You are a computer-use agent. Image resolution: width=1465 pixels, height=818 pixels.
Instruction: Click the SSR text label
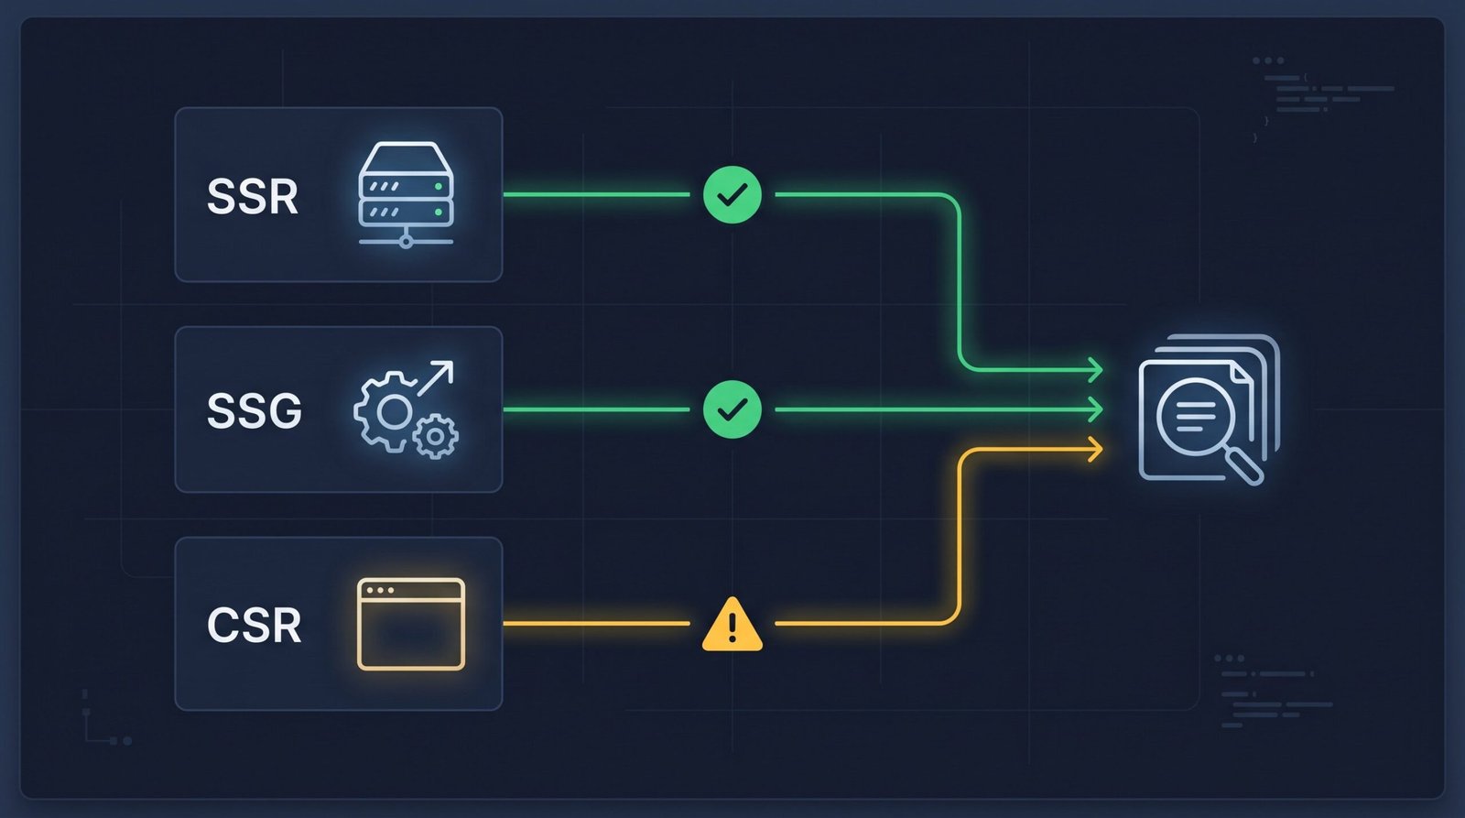[x=253, y=196]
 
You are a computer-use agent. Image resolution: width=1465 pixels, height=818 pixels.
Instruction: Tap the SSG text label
[x=255, y=411]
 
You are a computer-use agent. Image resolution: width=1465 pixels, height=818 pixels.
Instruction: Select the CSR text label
[x=255, y=625]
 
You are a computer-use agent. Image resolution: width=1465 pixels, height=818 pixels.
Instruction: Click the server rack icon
[x=407, y=195]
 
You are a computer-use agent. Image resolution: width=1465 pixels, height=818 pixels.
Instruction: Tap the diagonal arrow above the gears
[x=436, y=378]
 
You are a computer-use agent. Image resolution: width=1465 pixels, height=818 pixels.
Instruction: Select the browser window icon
[x=411, y=625]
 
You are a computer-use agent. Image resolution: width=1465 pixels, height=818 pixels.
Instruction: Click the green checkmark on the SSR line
[x=732, y=194]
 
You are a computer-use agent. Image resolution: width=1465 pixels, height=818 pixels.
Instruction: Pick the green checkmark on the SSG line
[x=732, y=409]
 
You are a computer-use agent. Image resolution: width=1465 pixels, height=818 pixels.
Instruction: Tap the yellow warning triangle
[x=732, y=625]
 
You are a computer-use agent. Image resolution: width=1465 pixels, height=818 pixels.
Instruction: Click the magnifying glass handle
[x=1244, y=466]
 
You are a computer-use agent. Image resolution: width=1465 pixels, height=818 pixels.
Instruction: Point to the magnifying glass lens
[x=1195, y=417]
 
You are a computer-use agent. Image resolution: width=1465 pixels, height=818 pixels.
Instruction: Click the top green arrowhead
[x=1095, y=370]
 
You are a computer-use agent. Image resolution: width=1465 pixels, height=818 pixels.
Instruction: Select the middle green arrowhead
[x=1095, y=409]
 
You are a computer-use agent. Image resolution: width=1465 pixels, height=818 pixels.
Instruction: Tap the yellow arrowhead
[x=1095, y=450]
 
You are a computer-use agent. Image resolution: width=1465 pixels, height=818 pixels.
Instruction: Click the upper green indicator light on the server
[x=439, y=187]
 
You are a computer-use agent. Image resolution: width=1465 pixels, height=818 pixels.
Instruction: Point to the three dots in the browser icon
[x=381, y=590]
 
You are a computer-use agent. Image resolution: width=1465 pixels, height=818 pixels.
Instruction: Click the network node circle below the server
[x=407, y=242]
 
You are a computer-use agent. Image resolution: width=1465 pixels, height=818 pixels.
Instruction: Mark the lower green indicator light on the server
[x=439, y=212]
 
